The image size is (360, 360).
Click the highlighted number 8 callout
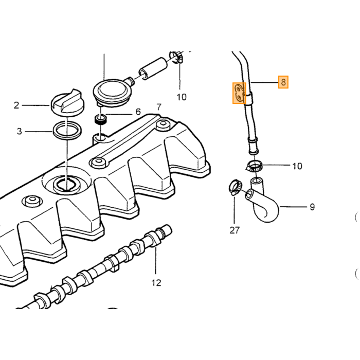tap(283, 82)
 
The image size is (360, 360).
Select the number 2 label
tap(16, 105)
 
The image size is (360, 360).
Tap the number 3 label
tap(20, 131)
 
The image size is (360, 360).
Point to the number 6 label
tap(138, 112)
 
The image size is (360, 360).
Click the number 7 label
tap(159, 107)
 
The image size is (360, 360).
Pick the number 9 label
tap(312, 207)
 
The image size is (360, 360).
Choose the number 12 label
tap(156, 283)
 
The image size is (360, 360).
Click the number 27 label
tap(235, 230)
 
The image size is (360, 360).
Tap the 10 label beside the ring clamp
tap(297, 166)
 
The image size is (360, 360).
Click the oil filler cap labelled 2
tap(67, 102)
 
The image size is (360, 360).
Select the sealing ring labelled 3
tap(67, 131)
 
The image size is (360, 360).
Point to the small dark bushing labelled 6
tap(101, 120)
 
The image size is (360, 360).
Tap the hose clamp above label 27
tap(235, 187)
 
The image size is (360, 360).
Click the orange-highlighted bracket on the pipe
tap(239, 93)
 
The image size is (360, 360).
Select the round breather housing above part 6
tap(113, 92)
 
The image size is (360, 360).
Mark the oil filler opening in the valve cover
tap(66, 184)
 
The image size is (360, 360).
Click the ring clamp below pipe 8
tap(255, 167)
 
